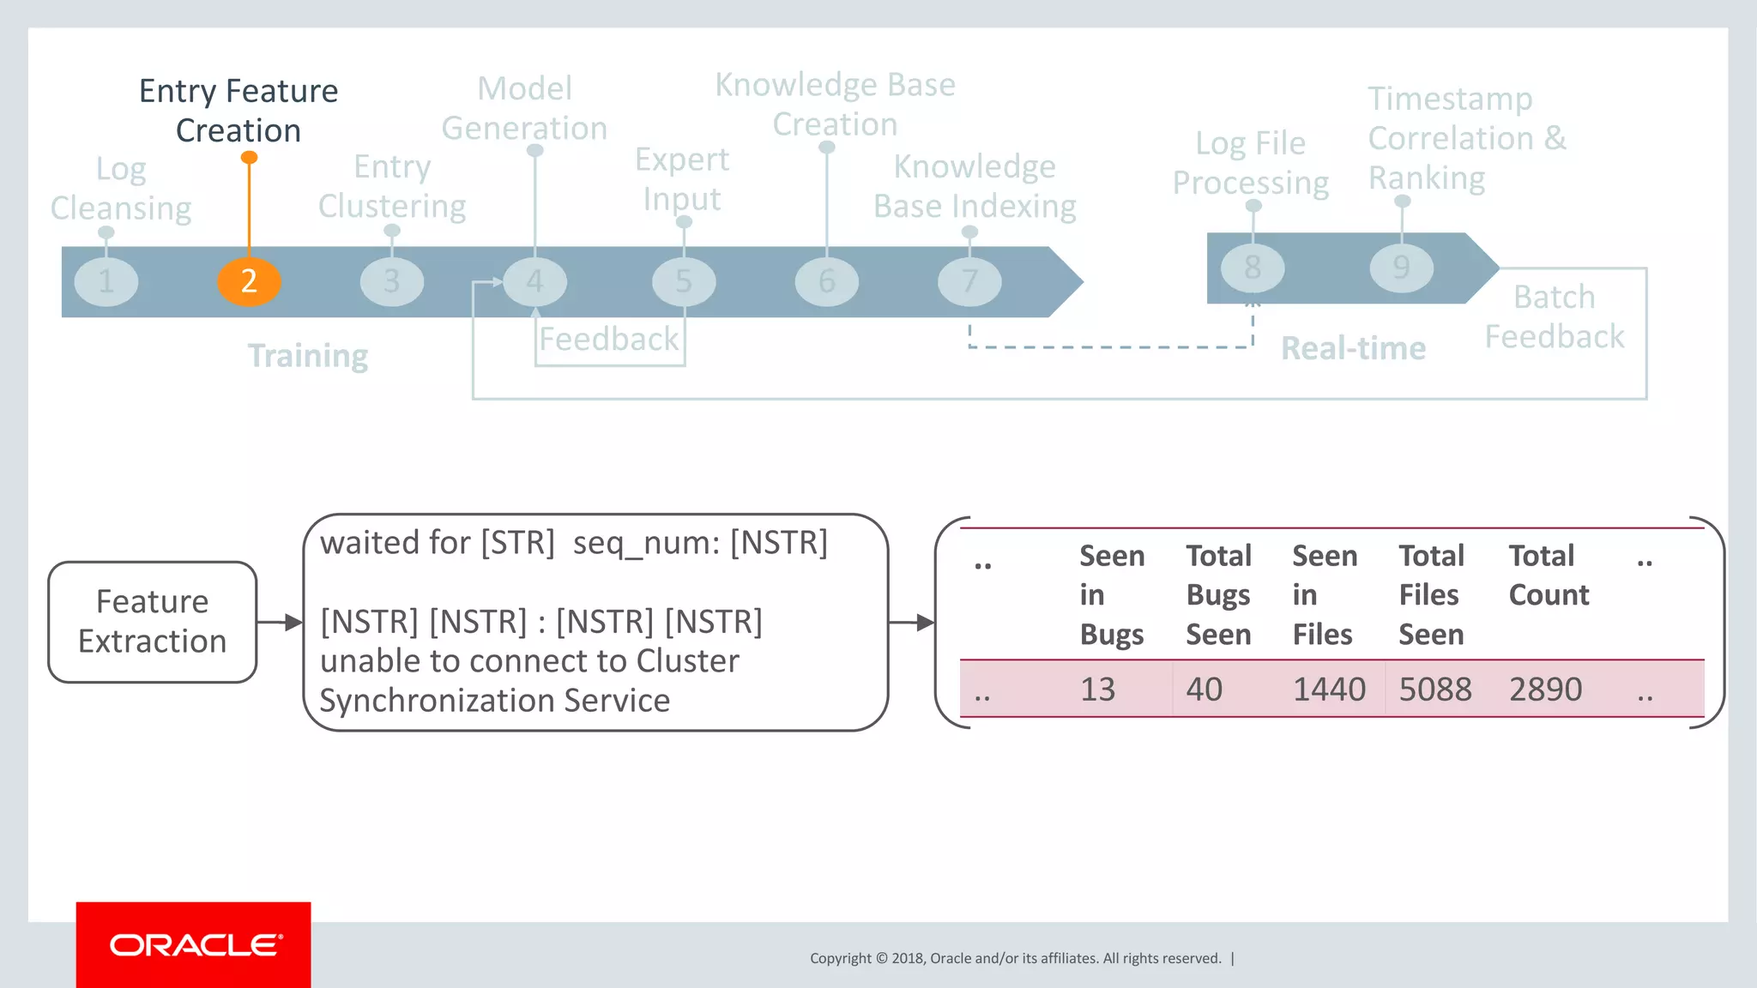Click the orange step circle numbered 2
[249, 281]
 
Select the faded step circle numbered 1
[106, 281]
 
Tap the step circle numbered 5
[684, 281]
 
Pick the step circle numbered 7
[969, 281]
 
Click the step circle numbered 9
[1401, 268]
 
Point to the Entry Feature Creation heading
[238, 111]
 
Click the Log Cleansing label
[121, 189]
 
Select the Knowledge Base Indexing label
[975, 186]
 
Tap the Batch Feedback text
[1554, 316]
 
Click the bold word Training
[308, 355]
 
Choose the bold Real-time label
[1353, 348]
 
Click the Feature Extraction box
[153, 622]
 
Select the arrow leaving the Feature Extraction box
[280, 622]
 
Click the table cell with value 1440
[1329, 689]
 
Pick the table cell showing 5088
[1435, 689]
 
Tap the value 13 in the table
[1097, 689]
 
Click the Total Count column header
[1549, 575]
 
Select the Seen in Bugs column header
[1112, 594]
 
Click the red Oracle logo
[194, 944]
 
